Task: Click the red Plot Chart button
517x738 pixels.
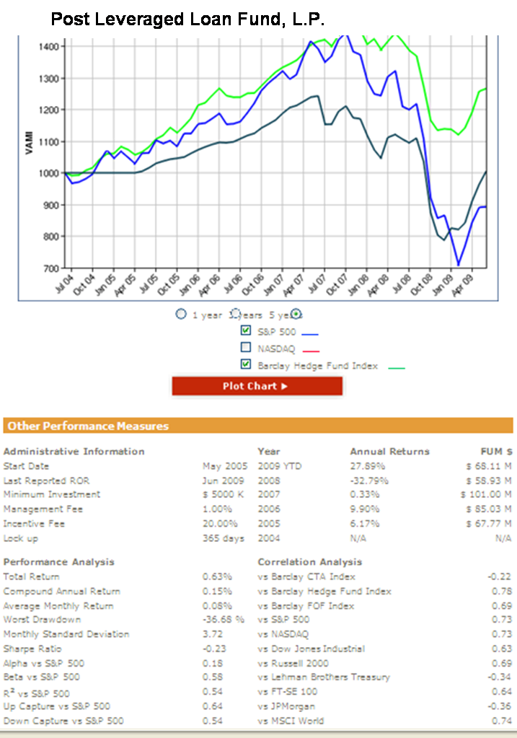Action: click(x=257, y=386)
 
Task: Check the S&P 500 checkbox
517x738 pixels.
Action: click(x=246, y=331)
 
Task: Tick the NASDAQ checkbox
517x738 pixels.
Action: click(x=246, y=348)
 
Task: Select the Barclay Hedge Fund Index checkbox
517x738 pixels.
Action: click(x=246, y=365)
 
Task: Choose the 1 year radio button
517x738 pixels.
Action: click(x=182, y=315)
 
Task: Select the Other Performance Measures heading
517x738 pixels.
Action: click(x=88, y=426)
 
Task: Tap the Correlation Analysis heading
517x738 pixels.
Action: click(x=309, y=562)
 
